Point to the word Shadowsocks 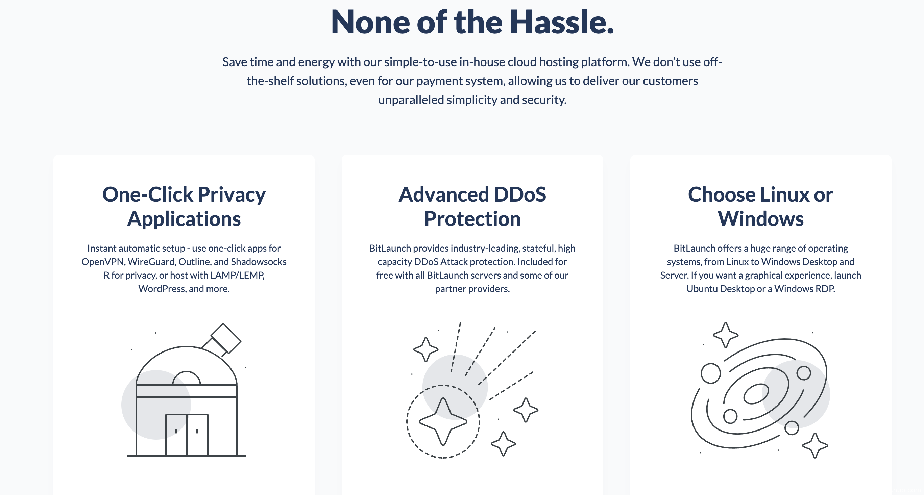(259, 262)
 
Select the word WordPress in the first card (162, 289)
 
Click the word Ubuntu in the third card (702, 289)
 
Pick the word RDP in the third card (825, 289)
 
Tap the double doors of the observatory (187, 435)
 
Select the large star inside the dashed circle (443, 421)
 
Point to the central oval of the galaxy (756, 394)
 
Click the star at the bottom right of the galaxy (815, 446)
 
